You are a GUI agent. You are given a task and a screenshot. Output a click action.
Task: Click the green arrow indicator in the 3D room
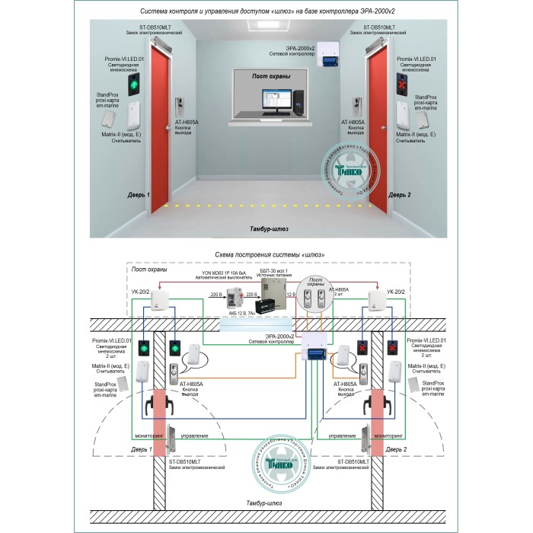tap(135, 84)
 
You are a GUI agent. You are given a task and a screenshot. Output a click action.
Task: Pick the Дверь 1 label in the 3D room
tap(138, 195)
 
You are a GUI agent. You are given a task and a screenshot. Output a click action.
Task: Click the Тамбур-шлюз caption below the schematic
tap(266, 504)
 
